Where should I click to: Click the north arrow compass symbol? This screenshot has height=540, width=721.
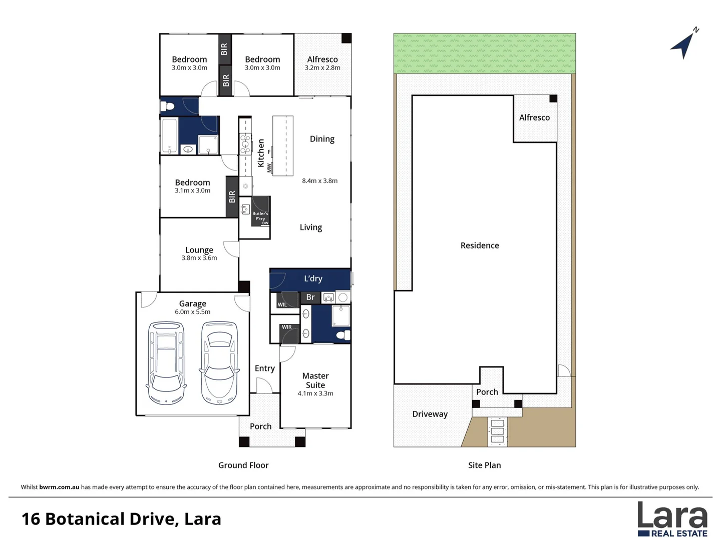(x=684, y=44)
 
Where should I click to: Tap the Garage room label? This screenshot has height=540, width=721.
(x=192, y=303)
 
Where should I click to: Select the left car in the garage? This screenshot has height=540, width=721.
(x=166, y=363)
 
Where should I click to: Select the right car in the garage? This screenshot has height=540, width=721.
(x=219, y=363)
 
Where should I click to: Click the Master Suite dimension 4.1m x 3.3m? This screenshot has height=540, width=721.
(x=315, y=393)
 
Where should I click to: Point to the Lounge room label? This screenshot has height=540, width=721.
(x=199, y=250)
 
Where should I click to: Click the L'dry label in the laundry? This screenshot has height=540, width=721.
(x=313, y=278)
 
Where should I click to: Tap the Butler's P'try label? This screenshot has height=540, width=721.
(x=260, y=216)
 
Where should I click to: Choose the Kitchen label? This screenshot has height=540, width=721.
(x=261, y=153)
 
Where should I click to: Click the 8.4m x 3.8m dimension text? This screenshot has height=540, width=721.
(x=319, y=180)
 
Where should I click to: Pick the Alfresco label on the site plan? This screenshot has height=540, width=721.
(x=534, y=117)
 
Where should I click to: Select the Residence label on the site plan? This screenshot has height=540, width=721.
(x=480, y=245)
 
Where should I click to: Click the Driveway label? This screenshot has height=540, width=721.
(x=430, y=414)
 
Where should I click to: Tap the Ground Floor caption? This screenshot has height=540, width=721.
(x=243, y=465)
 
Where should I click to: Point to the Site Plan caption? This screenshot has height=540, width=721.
(x=485, y=465)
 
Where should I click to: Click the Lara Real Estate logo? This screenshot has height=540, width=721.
(x=672, y=519)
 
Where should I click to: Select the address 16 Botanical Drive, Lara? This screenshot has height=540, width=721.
(x=121, y=519)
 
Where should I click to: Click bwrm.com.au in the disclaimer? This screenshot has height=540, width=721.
(x=59, y=487)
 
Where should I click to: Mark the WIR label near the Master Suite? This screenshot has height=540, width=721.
(x=287, y=327)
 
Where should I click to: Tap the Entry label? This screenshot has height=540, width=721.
(x=265, y=368)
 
